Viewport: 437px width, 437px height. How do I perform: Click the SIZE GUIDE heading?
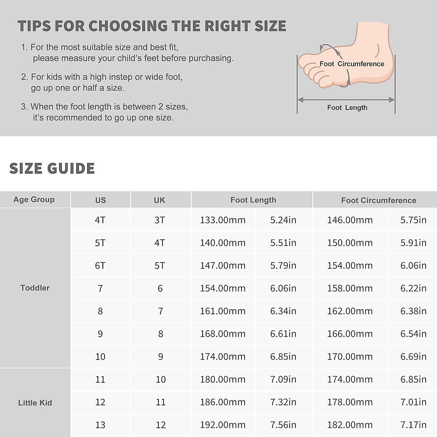tap(52, 168)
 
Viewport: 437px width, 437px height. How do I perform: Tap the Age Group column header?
tap(34, 200)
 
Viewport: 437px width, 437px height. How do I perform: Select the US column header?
tap(101, 200)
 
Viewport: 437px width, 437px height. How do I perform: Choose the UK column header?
tap(160, 200)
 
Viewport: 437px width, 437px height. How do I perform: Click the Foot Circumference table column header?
tap(378, 200)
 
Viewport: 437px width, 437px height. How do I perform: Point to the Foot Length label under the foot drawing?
tap(347, 107)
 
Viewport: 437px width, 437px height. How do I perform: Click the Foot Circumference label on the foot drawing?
tap(352, 64)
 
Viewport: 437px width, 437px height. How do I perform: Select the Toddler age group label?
tap(35, 288)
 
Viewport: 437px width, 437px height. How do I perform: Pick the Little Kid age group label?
tap(35, 403)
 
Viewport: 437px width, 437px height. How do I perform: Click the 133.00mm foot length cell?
tap(223, 220)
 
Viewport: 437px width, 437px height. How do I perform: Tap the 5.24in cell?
tap(283, 220)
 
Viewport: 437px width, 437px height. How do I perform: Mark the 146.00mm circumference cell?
tap(350, 220)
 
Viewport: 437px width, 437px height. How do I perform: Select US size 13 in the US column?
tap(100, 425)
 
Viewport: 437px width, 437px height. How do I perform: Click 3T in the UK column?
tap(160, 220)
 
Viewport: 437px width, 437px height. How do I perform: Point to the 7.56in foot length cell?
tap(283, 425)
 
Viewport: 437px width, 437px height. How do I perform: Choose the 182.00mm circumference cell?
tap(350, 425)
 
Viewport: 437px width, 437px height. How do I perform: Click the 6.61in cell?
tap(283, 334)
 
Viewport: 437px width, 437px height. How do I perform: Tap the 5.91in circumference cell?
tap(413, 243)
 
